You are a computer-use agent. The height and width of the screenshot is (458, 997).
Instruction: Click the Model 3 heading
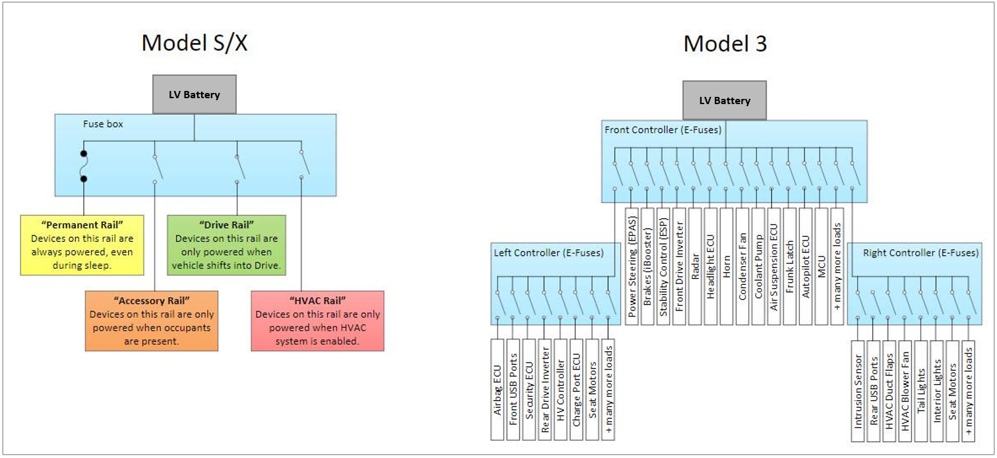click(725, 43)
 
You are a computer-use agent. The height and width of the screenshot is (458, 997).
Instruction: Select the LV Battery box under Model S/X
click(194, 95)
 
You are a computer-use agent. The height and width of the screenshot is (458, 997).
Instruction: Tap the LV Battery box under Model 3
click(725, 101)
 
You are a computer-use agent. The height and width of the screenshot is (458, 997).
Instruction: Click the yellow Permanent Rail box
click(82, 244)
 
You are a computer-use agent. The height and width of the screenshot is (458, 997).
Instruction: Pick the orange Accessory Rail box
click(152, 320)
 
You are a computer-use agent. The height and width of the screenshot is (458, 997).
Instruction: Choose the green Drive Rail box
click(226, 244)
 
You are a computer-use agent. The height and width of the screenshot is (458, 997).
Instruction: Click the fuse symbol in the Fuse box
click(84, 167)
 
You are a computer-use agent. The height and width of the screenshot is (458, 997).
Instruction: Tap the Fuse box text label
click(103, 124)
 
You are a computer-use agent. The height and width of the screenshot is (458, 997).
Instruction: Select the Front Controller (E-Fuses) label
click(663, 130)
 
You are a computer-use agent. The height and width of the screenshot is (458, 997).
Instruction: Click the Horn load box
click(726, 266)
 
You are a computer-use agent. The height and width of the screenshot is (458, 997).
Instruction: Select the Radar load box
click(694, 266)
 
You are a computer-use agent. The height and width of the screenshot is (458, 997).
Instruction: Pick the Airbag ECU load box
click(497, 389)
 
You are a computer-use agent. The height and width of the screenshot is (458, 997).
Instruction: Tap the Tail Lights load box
click(921, 389)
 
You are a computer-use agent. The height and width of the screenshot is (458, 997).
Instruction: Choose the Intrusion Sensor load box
click(858, 389)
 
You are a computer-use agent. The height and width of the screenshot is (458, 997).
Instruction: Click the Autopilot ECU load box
click(805, 266)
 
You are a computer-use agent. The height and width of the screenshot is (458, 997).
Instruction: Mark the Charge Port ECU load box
click(576, 389)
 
